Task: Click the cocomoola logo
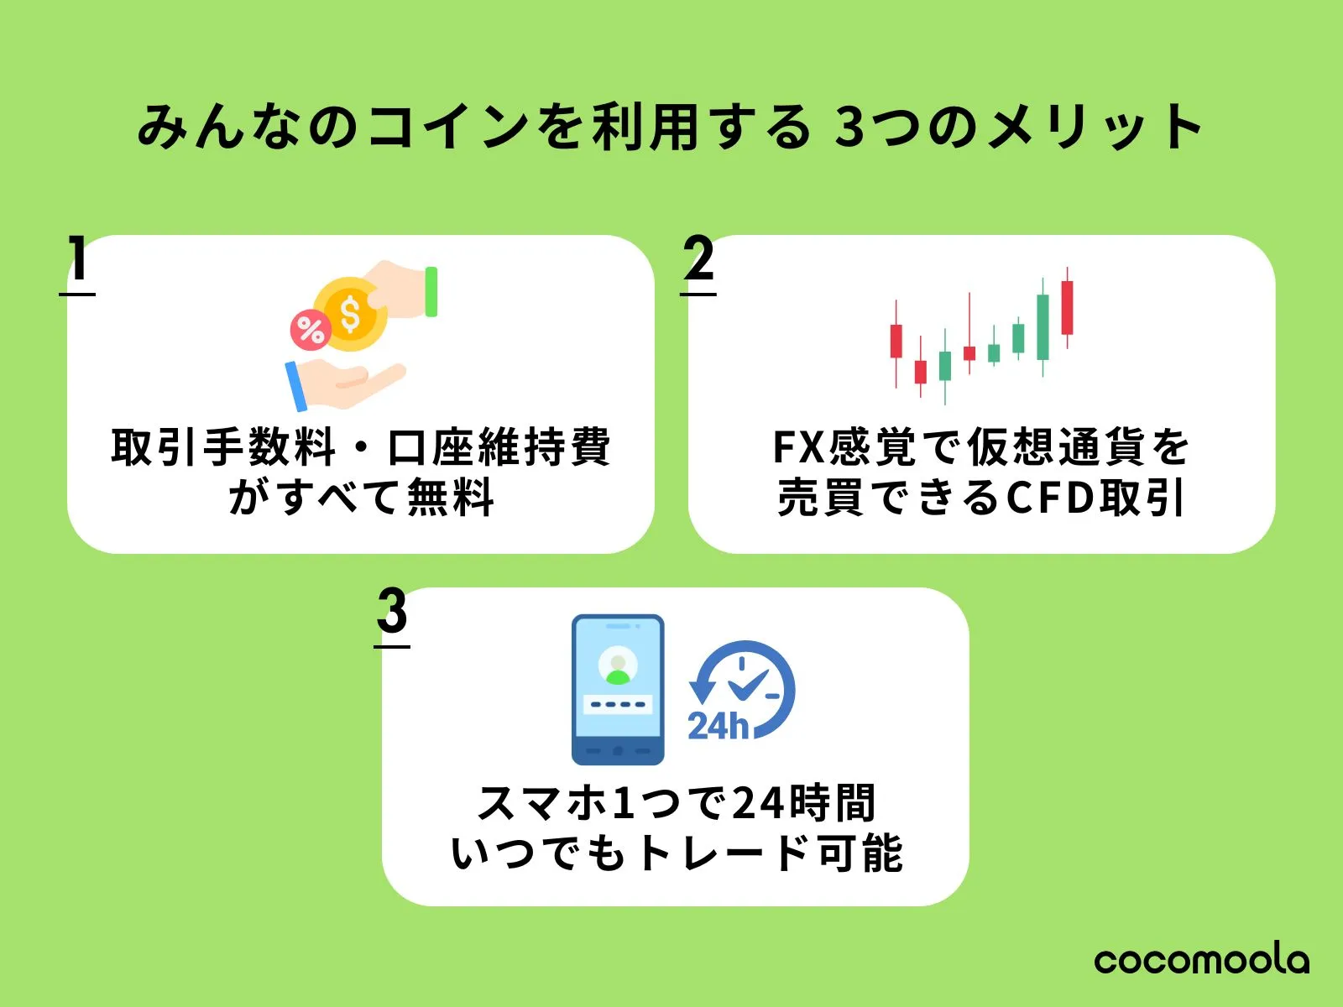[x=1201, y=960]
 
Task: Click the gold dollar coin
[x=350, y=314]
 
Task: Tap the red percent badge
[x=310, y=330]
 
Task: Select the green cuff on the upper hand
[x=431, y=291]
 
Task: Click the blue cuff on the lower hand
[x=295, y=386]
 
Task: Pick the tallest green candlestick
[x=1043, y=326]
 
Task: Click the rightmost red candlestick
[x=1067, y=307]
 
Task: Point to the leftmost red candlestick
[x=896, y=341]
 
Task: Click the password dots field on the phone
[x=618, y=704]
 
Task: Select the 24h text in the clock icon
[x=718, y=726]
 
